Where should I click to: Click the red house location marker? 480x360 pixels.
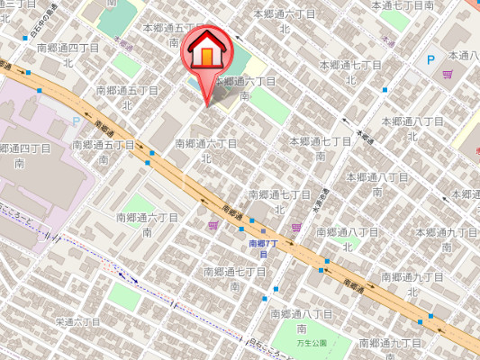click(206, 52)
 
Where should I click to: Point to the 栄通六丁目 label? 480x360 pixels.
click(77, 321)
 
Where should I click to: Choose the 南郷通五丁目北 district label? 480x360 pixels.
click(127, 97)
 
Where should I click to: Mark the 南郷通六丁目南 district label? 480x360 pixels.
click(148, 224)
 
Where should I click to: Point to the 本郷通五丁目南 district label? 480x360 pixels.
click(174, 35)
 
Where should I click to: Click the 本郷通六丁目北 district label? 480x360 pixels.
click(284, 22)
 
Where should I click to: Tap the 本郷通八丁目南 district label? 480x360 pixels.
click(376, 184)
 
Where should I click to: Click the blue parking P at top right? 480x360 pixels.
click(430, 59)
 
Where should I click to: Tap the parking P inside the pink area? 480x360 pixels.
click(76, 121)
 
